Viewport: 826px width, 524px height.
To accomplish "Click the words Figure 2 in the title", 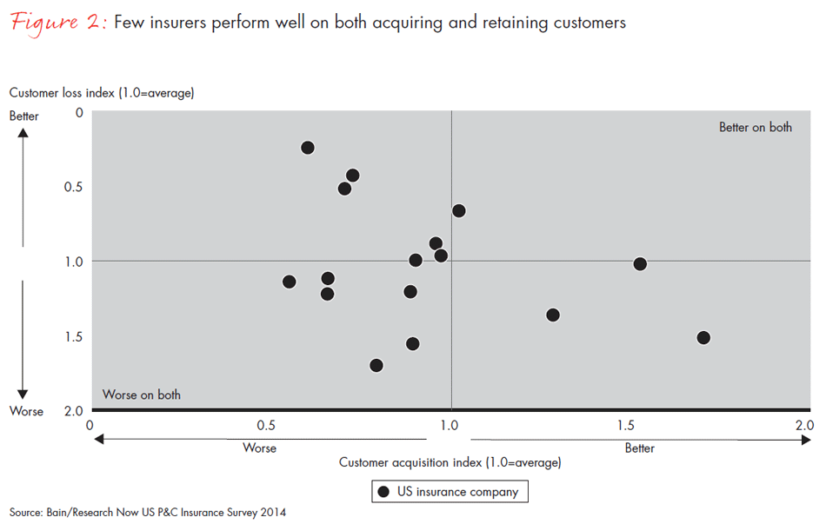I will tap(57, 23).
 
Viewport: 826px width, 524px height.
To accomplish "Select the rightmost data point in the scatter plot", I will tap(703, 337).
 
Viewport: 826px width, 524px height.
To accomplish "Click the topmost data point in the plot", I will tap(308, 148).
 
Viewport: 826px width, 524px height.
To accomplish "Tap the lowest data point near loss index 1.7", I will tap(376, 366).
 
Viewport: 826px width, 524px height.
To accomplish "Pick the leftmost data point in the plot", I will tap(290, 282).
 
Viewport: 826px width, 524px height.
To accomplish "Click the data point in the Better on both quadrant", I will tap(459, 211).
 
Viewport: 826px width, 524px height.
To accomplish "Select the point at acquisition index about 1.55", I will tap(640, 264).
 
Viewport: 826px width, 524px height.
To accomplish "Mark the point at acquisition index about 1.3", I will tap(553, 315).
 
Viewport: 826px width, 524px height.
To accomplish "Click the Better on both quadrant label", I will tap(755, 127).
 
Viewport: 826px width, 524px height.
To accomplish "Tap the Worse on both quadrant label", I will tap(142, 395).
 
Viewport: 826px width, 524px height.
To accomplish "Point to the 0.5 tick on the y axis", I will tap(73, 187).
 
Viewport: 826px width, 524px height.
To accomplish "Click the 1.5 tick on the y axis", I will tap(73, 336).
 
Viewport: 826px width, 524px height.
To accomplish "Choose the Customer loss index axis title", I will tap(101, 93).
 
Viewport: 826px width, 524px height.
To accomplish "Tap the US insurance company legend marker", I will tap(383, 492).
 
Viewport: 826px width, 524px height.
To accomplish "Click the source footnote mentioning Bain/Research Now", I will tap(148, 513).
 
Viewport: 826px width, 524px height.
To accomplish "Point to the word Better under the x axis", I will tap(639, 448).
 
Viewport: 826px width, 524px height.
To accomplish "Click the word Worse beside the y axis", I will tap(26, 411).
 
